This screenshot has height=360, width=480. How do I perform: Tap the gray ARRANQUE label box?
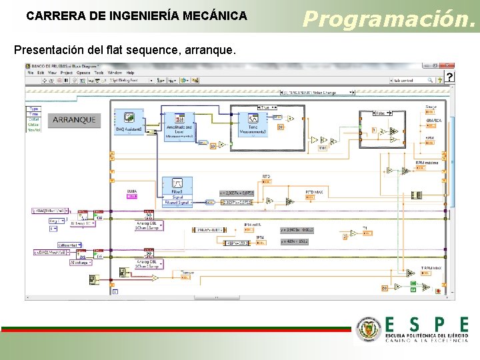pos(75,121)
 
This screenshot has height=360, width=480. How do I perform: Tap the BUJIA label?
pos(132,192)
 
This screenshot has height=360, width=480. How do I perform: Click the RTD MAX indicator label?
pos(315,192)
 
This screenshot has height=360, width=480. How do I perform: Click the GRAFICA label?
pos(433,121)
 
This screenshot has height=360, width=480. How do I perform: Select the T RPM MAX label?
pos(431,268)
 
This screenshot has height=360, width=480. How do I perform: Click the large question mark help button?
pos(450,77)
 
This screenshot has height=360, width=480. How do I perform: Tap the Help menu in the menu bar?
pos(130,73)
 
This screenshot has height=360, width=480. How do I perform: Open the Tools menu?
pos(98,73)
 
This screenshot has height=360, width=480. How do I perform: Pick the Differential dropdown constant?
pos(67,245)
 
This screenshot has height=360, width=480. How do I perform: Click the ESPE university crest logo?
pos(369,329)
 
